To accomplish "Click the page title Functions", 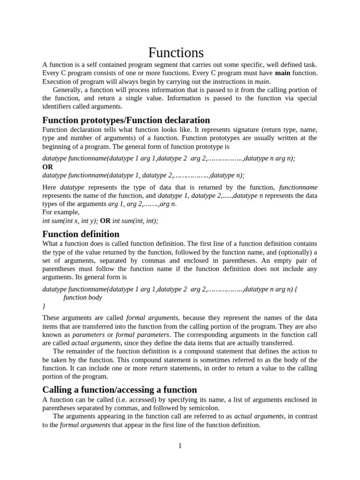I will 176,52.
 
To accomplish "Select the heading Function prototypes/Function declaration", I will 126,120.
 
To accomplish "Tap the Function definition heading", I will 81,234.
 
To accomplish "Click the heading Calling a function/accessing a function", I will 120,390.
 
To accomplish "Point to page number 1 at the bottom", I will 180,446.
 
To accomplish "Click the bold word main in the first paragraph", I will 283,73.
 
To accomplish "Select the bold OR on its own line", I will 48,167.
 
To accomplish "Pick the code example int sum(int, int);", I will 135,221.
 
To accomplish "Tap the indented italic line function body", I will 82,297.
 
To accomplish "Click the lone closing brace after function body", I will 44,306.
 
